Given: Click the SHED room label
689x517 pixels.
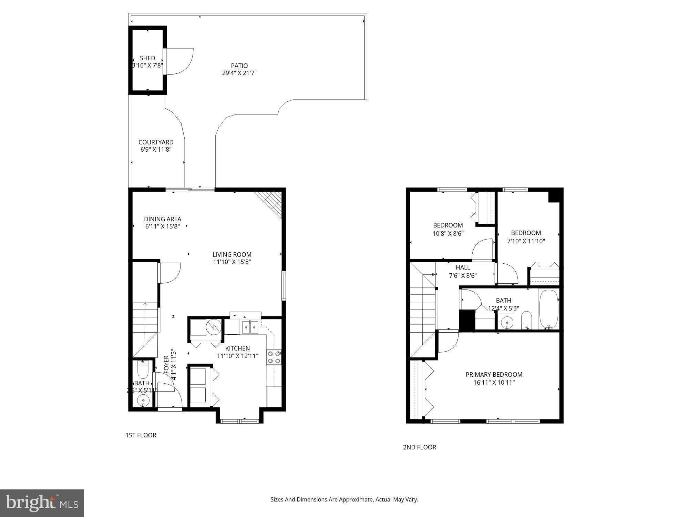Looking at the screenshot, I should tap(147, 58).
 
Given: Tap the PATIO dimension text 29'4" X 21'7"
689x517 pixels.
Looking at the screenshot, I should tap(239, 73).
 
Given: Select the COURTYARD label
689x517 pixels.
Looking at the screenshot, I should tap(156, 142).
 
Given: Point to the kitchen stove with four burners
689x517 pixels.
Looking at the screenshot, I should tap(274, 357).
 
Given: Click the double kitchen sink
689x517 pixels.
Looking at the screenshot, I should tap(250, 327).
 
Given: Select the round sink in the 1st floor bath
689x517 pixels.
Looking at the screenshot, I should tap(143, 400).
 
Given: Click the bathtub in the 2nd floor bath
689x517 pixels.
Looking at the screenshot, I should tap(548, 308).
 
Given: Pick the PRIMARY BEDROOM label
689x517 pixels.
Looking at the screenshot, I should tap(494, 374).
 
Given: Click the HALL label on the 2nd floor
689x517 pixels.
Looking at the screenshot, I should tap(463, 267).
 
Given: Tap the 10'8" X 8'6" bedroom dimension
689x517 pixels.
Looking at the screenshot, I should tap(448, 233).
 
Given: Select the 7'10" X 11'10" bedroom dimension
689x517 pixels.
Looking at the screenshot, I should tap(526, 241).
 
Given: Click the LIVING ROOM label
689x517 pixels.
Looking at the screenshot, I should tap(232, 254).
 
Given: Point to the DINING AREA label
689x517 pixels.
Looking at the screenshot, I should tap(162, 219).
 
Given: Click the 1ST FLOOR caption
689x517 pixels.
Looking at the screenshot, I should tap(141, 435).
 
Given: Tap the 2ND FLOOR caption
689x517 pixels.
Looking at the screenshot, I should tap(419, 447).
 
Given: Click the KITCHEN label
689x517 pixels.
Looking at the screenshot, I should tap(237, 348).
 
